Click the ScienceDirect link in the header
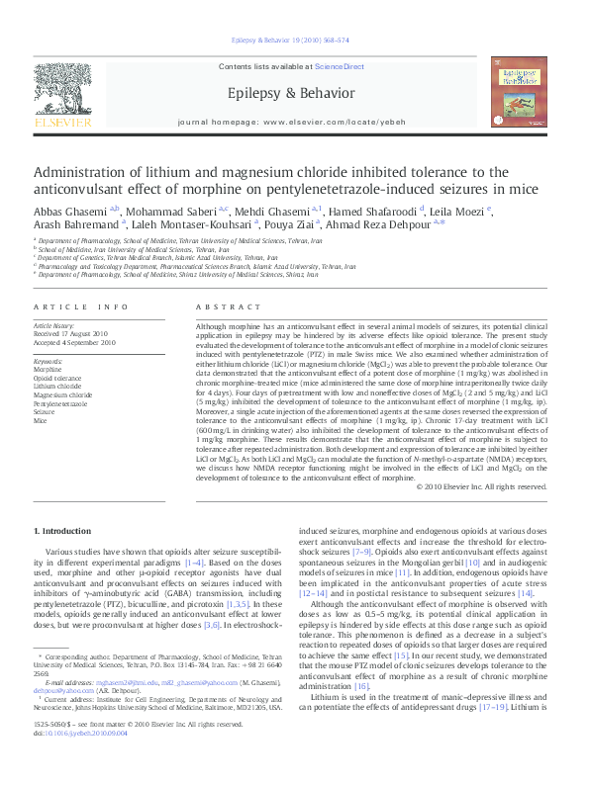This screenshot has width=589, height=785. pyautogui.click(x=340, y=66)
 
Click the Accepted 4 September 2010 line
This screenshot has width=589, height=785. pyautogui.click(x=76, y=342)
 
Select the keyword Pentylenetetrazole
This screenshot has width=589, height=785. pyautogui.click(x=61, y=404)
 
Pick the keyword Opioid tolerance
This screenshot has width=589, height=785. pyautogui.click(x=58, y=378)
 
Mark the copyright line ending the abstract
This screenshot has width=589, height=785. pyautogui.click(x=481, y=487)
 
